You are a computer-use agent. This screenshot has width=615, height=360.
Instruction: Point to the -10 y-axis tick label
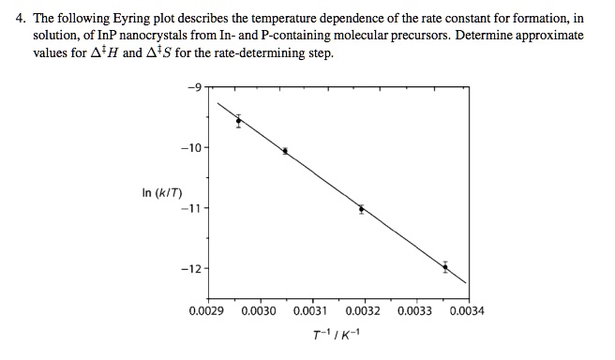[x=191, y=148]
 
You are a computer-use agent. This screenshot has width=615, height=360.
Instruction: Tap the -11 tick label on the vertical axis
[x=191, y=208]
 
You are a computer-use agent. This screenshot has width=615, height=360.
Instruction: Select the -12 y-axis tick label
[x=191, y=269]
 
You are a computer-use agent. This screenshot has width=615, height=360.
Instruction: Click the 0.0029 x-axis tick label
[x=206, y=309]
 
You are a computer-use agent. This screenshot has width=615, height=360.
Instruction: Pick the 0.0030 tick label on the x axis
[x=258, y=309]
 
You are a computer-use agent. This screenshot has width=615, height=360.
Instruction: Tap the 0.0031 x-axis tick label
[x=310, y=309]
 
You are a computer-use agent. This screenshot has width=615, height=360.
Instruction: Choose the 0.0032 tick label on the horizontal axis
[x=363, y=309]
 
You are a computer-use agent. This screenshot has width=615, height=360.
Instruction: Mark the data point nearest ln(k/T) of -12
[x=445, y=267]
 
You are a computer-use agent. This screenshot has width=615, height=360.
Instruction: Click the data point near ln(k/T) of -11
[x=361, y=209]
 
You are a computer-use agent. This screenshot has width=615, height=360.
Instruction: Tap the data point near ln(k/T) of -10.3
[x=285, y=151]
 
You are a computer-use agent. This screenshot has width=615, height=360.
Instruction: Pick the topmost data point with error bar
[x=238, y=120]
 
